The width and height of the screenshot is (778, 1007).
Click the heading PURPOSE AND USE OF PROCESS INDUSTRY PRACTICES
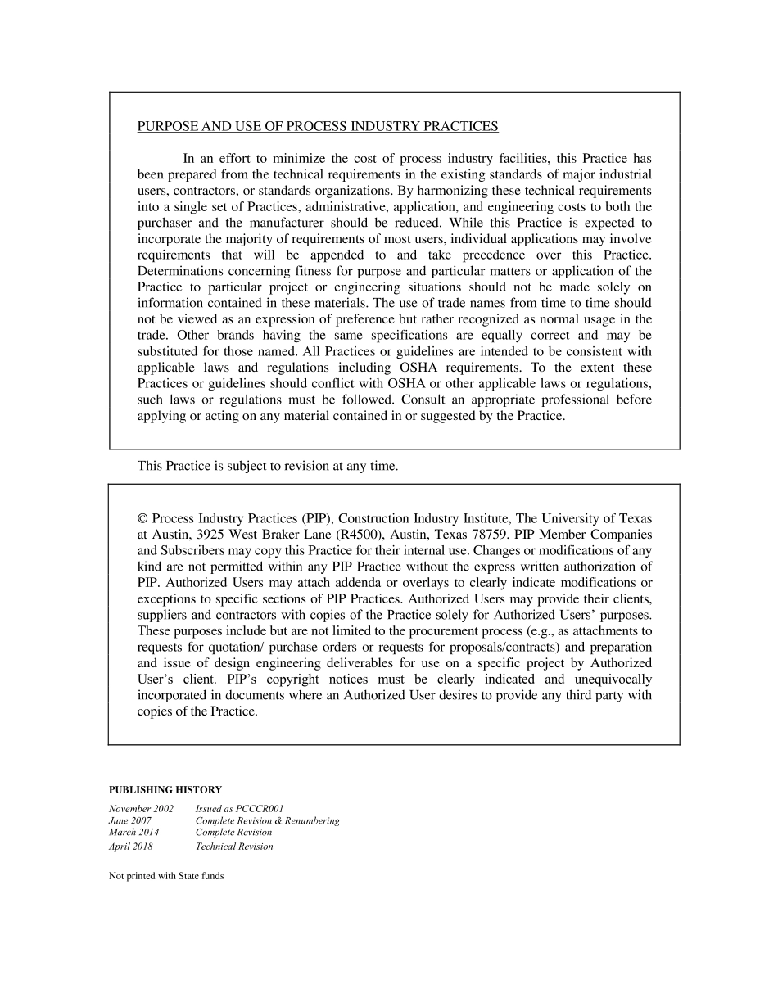317,126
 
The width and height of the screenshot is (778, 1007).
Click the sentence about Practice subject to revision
268,466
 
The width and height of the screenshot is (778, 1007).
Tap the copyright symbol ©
142,518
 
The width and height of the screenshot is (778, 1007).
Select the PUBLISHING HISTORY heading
165,790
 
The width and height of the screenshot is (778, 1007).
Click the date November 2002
141,808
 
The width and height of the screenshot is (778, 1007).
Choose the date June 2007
130,820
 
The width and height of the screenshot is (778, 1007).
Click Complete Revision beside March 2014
233,833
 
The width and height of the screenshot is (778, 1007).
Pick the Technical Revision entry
234,847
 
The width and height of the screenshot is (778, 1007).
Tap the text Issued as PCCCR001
239,808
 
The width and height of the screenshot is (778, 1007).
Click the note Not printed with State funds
166,876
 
